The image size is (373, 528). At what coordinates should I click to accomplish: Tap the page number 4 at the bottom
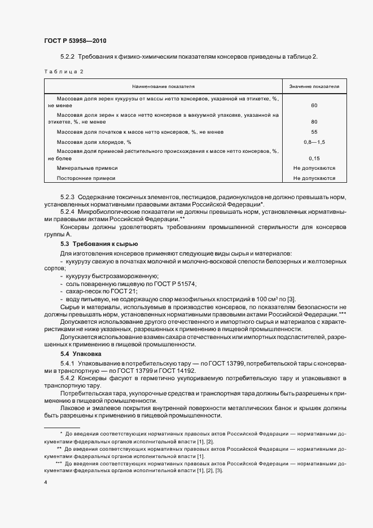[45, 482]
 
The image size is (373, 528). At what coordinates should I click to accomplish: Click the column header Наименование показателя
[164, 87]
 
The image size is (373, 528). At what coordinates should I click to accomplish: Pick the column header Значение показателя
[314, 87]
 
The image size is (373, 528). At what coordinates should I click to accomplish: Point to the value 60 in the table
[314, 105]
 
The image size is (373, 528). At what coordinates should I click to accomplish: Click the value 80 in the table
[314, 121]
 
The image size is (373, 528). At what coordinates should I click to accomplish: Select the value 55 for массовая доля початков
[314, 131]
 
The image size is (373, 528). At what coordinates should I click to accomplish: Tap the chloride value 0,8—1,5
[314, 142]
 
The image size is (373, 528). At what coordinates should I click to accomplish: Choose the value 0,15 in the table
[314, 159]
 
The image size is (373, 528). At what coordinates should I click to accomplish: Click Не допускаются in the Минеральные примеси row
[314, 168]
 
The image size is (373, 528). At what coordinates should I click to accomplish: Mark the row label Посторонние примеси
[86, 178]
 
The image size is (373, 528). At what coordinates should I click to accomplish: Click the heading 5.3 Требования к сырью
[99, 244]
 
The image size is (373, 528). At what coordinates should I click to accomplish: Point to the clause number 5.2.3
[68, 197]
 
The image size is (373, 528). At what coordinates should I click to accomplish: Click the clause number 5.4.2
[68, 378]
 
